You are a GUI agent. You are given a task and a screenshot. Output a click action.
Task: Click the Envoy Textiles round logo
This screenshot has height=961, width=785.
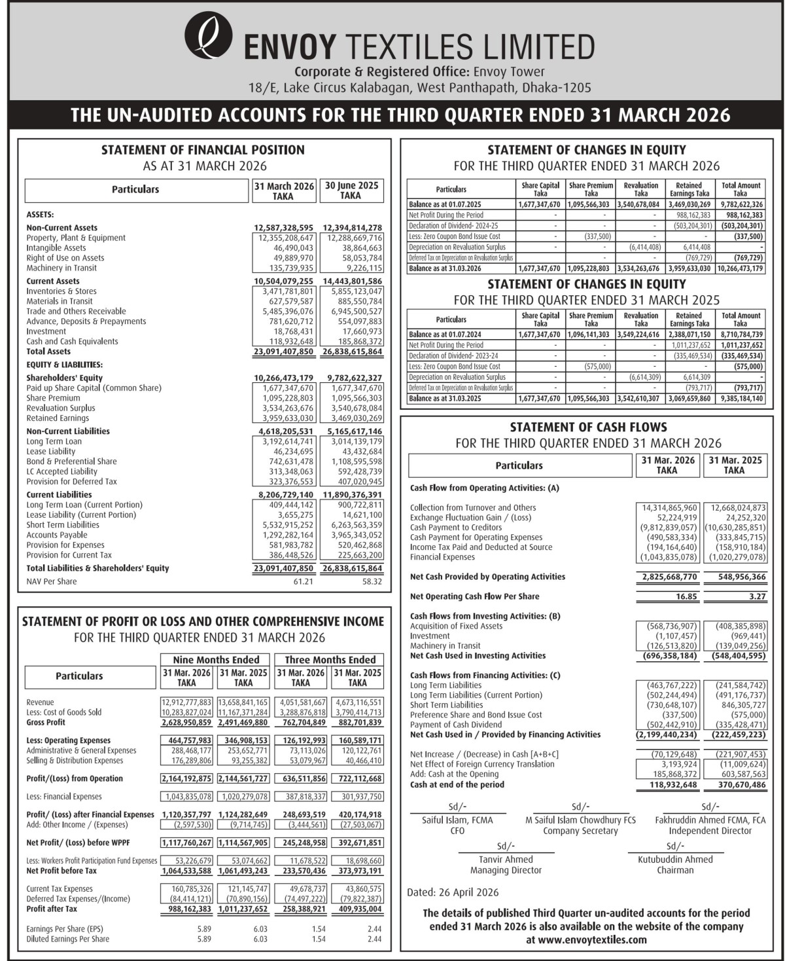coord(209,35)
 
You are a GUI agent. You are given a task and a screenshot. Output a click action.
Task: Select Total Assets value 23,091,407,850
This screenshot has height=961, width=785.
coord(283,352)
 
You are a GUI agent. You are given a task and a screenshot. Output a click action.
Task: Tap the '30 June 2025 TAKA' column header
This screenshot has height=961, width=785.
coord(351,190)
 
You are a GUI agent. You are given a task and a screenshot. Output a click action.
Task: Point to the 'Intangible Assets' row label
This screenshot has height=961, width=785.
coord(56,248)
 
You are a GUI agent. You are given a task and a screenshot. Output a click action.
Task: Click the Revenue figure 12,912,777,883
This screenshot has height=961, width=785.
coord(186,702)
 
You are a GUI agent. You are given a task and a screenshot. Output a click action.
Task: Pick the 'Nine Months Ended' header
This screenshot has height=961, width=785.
coord(215,660)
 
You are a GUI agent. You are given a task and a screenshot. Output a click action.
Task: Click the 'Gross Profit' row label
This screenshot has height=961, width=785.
coord(46,722)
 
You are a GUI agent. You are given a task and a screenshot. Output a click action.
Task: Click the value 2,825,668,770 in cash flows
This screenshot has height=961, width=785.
coord(666,577)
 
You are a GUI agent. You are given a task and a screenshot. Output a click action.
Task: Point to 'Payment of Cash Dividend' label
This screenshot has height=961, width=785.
coord(456,725)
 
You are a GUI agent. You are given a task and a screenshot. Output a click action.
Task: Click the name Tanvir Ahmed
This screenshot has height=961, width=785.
coord(506,860)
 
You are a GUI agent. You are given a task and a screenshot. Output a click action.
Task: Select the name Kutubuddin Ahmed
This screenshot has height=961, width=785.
coord(675,860)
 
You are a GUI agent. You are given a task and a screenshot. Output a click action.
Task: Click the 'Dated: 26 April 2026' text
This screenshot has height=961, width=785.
coord(453,892)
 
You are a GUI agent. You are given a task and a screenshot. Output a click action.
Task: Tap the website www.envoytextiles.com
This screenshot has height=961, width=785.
coord(587,939)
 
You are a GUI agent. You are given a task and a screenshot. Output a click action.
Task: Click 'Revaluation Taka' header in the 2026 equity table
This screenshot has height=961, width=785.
coord(640,189)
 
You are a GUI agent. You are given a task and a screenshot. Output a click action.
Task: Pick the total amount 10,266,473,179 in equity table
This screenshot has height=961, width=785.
coord(740,268)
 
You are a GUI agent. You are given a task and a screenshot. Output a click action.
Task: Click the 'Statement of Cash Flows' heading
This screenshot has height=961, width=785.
coord(588,427)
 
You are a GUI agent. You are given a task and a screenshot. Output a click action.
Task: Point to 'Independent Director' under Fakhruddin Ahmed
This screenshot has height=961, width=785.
coord(710,831)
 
